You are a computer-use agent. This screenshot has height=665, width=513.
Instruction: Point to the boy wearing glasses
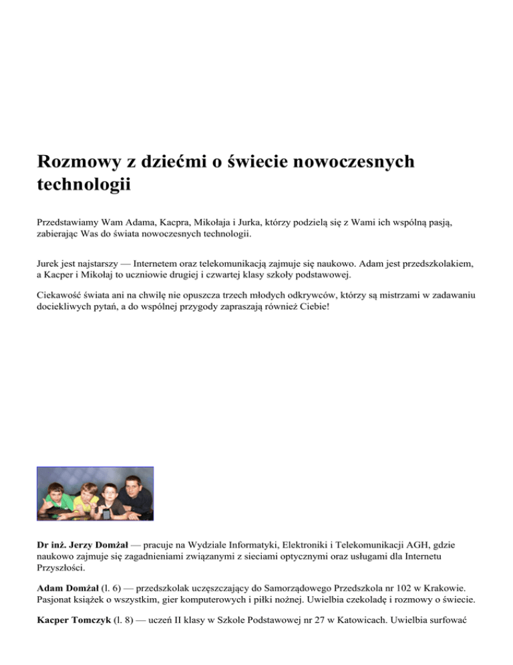pos(110,496)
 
